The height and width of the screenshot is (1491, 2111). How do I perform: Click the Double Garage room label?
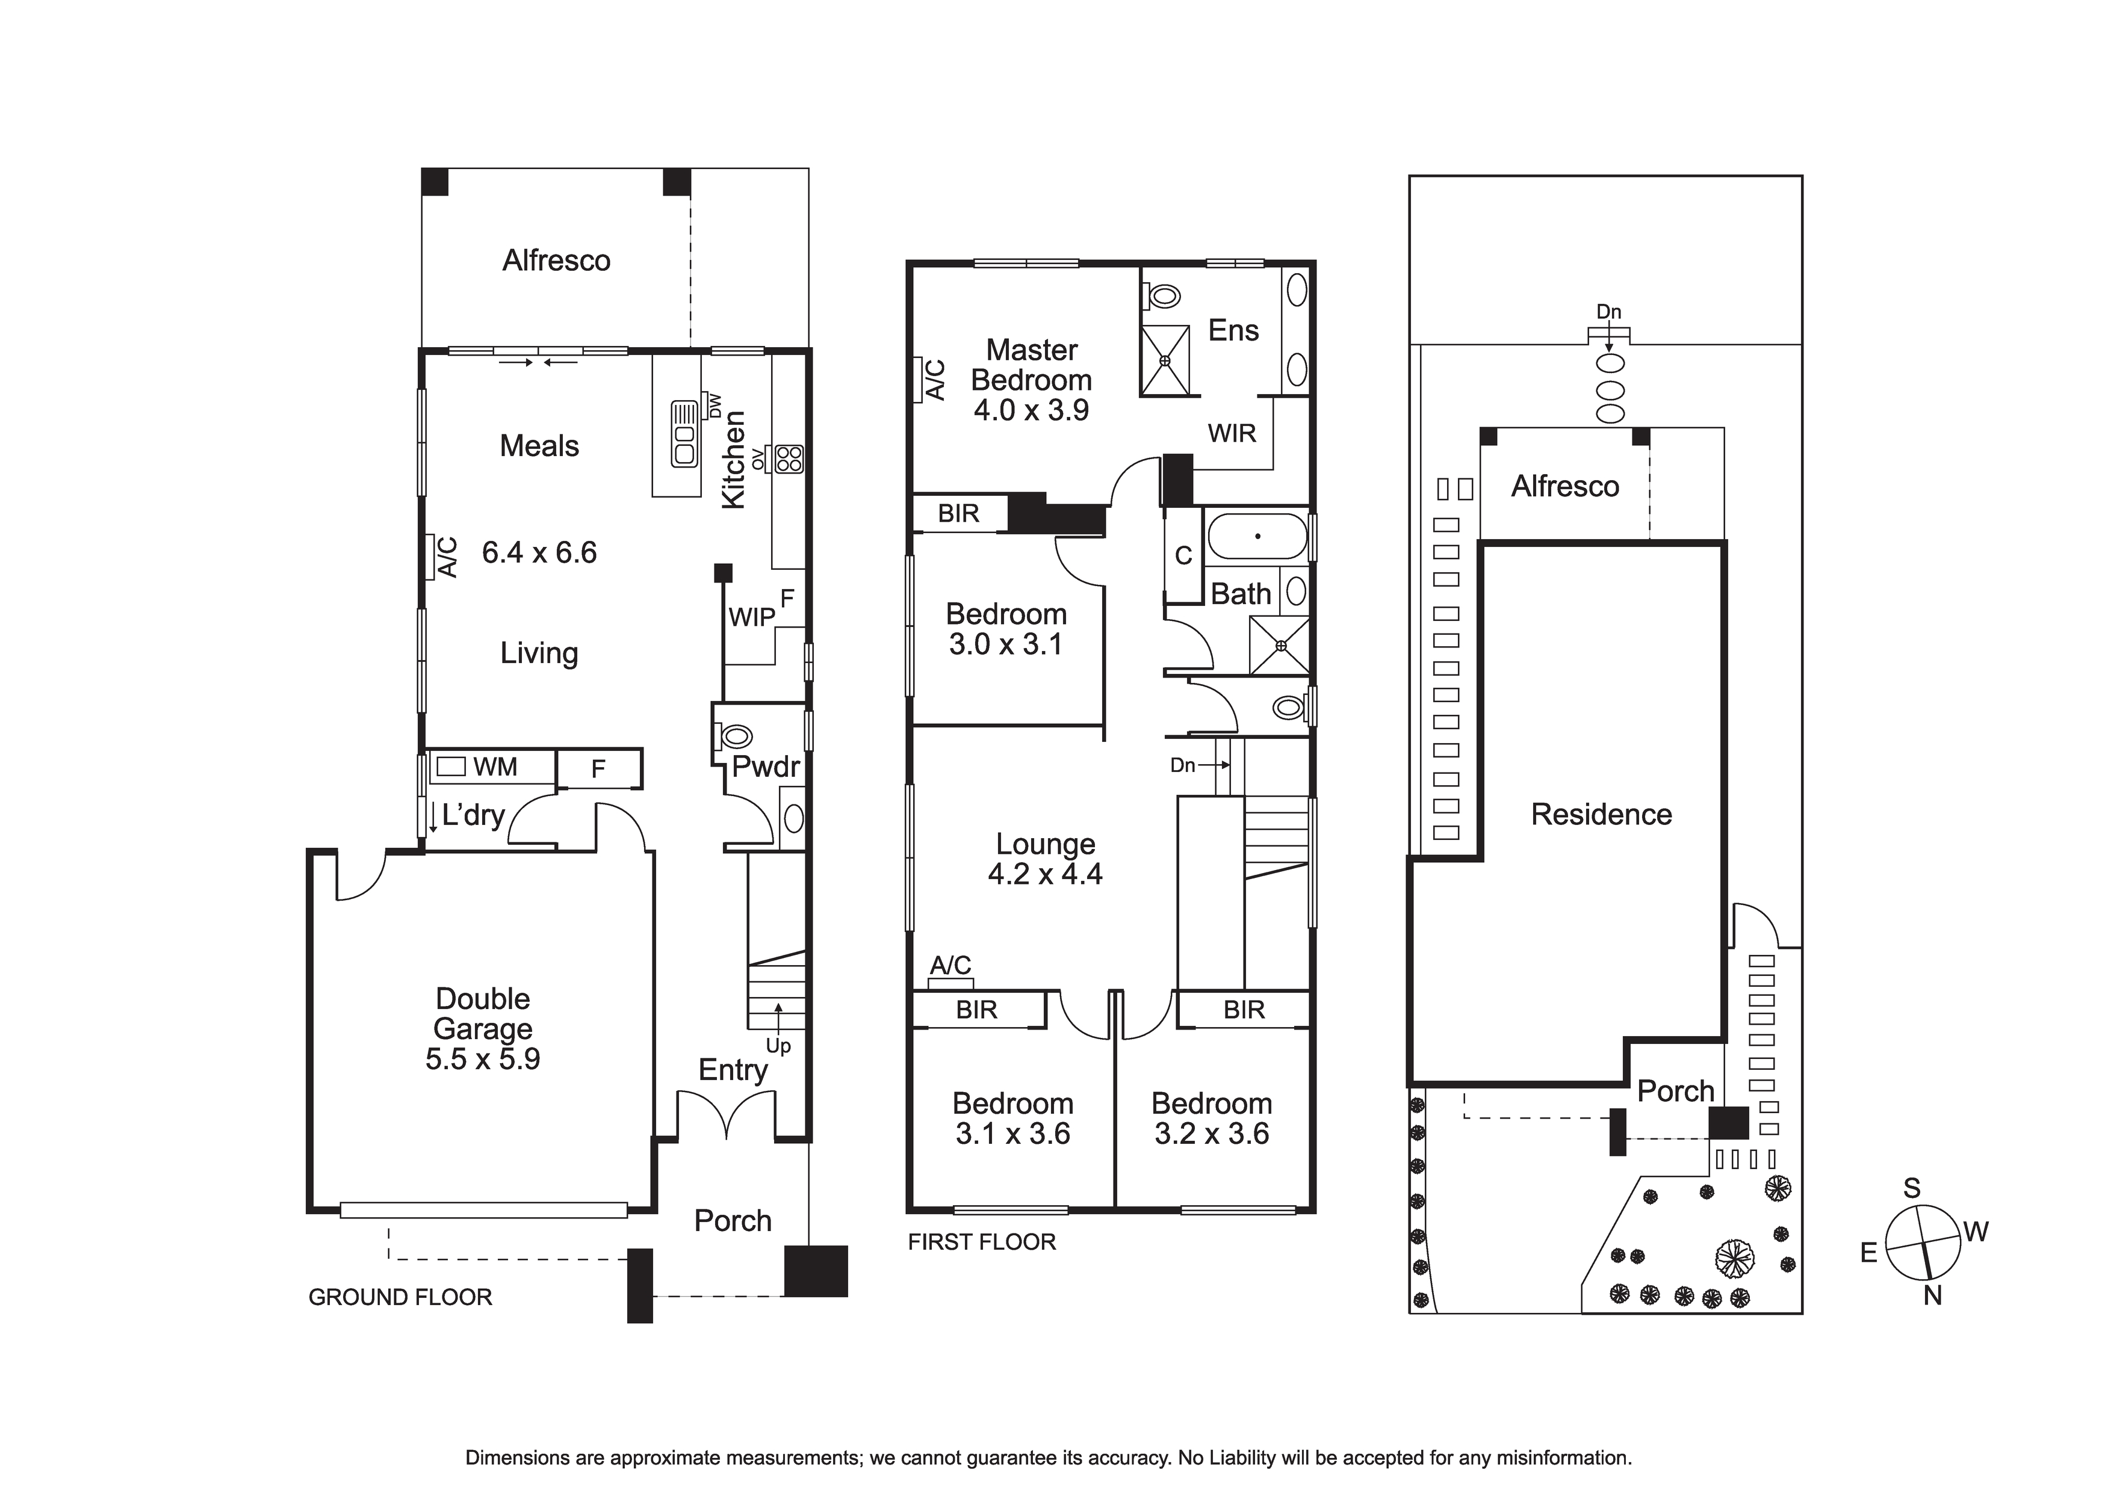point(483,1029)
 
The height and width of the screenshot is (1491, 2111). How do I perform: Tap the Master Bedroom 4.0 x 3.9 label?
point(1032,380)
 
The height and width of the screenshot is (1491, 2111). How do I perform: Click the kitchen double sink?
point(683,433)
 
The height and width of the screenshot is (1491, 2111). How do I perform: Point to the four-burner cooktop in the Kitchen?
point(790,458)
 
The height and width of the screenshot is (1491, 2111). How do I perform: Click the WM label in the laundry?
point(495,767)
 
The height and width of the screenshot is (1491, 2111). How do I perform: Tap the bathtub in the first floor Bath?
point(1257,537)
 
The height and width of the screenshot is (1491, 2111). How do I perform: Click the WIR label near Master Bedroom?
point(1232,433)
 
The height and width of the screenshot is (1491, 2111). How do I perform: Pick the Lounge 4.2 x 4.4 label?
point(1046,859)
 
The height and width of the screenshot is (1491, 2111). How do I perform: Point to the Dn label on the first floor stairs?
point(1182,765)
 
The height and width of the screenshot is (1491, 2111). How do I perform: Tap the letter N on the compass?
point(1933,1295)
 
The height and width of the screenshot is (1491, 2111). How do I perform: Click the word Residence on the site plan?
point(1601,815)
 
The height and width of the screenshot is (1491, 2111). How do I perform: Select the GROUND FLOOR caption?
point(400,1297)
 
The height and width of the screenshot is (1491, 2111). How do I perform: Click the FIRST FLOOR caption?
point(982,1242)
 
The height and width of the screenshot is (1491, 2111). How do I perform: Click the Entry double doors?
point(727,1115)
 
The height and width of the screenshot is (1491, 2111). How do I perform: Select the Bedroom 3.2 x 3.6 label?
point(1212,1118)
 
